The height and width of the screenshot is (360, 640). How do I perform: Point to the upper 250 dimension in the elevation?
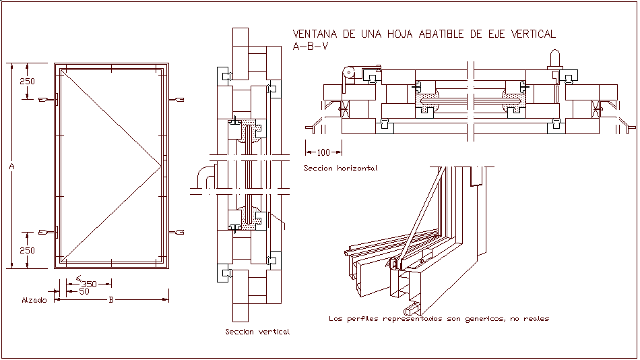pos(27,81)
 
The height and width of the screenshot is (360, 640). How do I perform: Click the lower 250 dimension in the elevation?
pos(27,250)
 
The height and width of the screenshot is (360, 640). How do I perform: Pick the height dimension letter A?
pos(12,165)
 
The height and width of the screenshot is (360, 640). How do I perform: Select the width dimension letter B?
pos(111,299)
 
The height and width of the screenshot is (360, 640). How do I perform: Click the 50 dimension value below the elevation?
pos(84,292)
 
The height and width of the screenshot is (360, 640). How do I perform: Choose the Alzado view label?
pos(34,300)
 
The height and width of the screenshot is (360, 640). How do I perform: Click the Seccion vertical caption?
pos(257,332)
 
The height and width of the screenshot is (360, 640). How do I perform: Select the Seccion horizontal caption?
pos(340,168)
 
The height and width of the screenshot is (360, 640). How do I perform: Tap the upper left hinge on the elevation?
pos(49,100)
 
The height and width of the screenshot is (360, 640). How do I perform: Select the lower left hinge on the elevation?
pos(49,232)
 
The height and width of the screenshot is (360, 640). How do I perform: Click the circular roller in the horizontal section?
pos(348,73)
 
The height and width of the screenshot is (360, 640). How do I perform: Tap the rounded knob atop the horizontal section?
pos(555,57)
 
